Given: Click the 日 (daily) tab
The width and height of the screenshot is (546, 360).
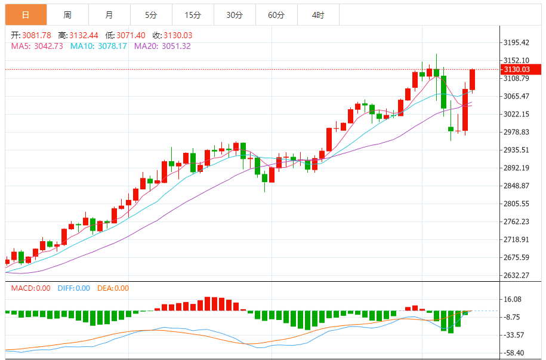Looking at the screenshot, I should point(26,15).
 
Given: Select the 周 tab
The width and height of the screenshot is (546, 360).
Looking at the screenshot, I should point(67,15).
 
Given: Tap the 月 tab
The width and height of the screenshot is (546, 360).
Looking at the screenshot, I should point(109,15).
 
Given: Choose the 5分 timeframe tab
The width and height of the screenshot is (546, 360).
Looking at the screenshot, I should point(150,15).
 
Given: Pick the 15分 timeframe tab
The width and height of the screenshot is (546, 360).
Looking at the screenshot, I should point(192,15).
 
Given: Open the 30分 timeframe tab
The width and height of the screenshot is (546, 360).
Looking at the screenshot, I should point(234,15).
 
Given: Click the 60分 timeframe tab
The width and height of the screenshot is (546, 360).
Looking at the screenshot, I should point(276,15).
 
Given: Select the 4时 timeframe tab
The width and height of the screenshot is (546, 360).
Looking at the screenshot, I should point(317,15).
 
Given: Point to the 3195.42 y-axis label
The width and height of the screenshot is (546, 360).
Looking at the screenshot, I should point(517,42).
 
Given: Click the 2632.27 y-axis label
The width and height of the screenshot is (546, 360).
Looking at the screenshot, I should point(517,275).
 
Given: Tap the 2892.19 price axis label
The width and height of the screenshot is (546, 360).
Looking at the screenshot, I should point(517,168).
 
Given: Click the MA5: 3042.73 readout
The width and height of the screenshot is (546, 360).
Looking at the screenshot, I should point(37,46).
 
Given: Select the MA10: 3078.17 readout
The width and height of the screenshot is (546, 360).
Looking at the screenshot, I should point(98,46).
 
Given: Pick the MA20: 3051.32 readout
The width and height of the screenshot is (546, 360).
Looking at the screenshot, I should point(162,46).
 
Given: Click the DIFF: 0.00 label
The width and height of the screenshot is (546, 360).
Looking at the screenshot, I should point(74,288).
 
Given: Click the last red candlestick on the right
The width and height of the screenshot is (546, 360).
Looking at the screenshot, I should point(472,79).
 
